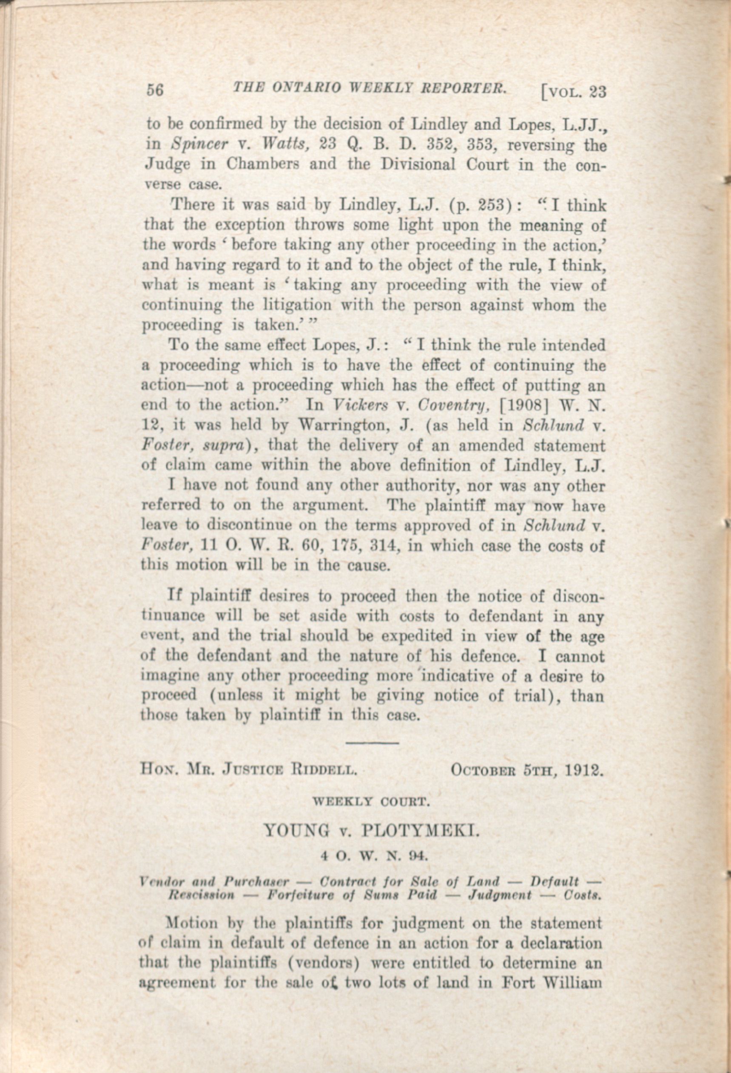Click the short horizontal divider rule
pos(372,743)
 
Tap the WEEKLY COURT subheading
pos(372,802)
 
